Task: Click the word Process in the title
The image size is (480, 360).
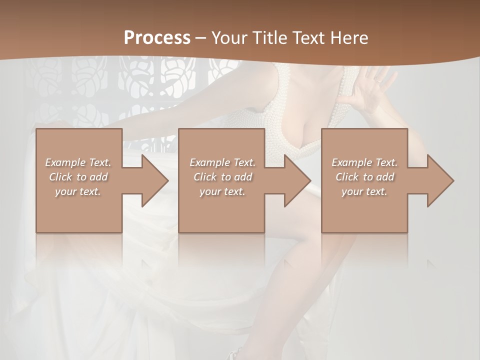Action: [157, 38]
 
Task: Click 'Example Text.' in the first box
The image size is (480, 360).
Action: [78, 162]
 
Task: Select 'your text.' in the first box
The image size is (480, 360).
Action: [78, 191]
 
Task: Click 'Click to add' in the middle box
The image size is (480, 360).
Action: [222, 177]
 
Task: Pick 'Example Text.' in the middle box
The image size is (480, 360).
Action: [222, 162]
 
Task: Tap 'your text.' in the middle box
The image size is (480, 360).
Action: [222, 191]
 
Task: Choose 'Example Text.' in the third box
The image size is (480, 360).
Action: [364, 162]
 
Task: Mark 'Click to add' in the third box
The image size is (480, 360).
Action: [364, 177]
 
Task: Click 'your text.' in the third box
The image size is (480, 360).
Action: [364, 191]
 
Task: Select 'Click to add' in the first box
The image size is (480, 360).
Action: [78, 177]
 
